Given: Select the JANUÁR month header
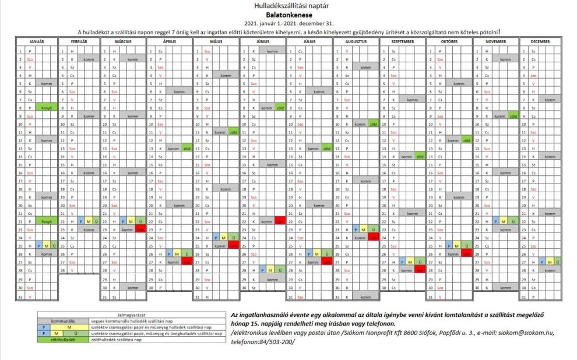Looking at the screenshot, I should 36,43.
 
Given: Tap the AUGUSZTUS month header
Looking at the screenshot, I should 356,43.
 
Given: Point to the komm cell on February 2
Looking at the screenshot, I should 89,59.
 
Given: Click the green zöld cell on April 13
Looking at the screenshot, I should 187,149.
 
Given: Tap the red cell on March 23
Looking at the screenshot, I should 140,230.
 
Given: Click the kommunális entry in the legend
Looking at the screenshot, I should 62,320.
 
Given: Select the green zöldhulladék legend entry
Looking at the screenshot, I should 62,340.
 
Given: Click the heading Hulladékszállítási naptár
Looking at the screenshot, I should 289,5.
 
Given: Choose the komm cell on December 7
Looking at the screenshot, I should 548,100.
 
